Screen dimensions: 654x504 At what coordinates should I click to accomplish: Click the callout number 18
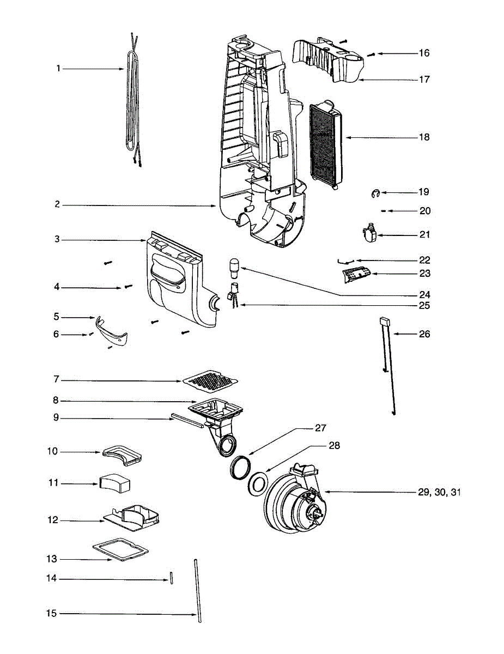pos(424,137)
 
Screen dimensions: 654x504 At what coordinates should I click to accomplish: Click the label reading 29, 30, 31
pos(439,492)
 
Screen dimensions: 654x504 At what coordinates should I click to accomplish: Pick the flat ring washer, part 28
pos(257,482)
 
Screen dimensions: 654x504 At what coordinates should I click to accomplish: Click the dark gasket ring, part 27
pos(240,467)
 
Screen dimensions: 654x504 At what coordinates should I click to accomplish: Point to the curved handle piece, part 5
pos(113,333)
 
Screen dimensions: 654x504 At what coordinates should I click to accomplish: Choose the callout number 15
pos(51,614)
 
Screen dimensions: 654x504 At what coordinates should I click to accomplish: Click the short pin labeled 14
pos(171,578)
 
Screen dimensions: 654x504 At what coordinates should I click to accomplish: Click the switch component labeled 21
pos(370,234)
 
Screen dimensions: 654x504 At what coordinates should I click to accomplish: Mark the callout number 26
pos(424,334)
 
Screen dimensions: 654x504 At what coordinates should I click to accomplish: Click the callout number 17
pos(424,80)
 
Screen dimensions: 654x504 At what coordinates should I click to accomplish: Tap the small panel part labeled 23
pos(356,275)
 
